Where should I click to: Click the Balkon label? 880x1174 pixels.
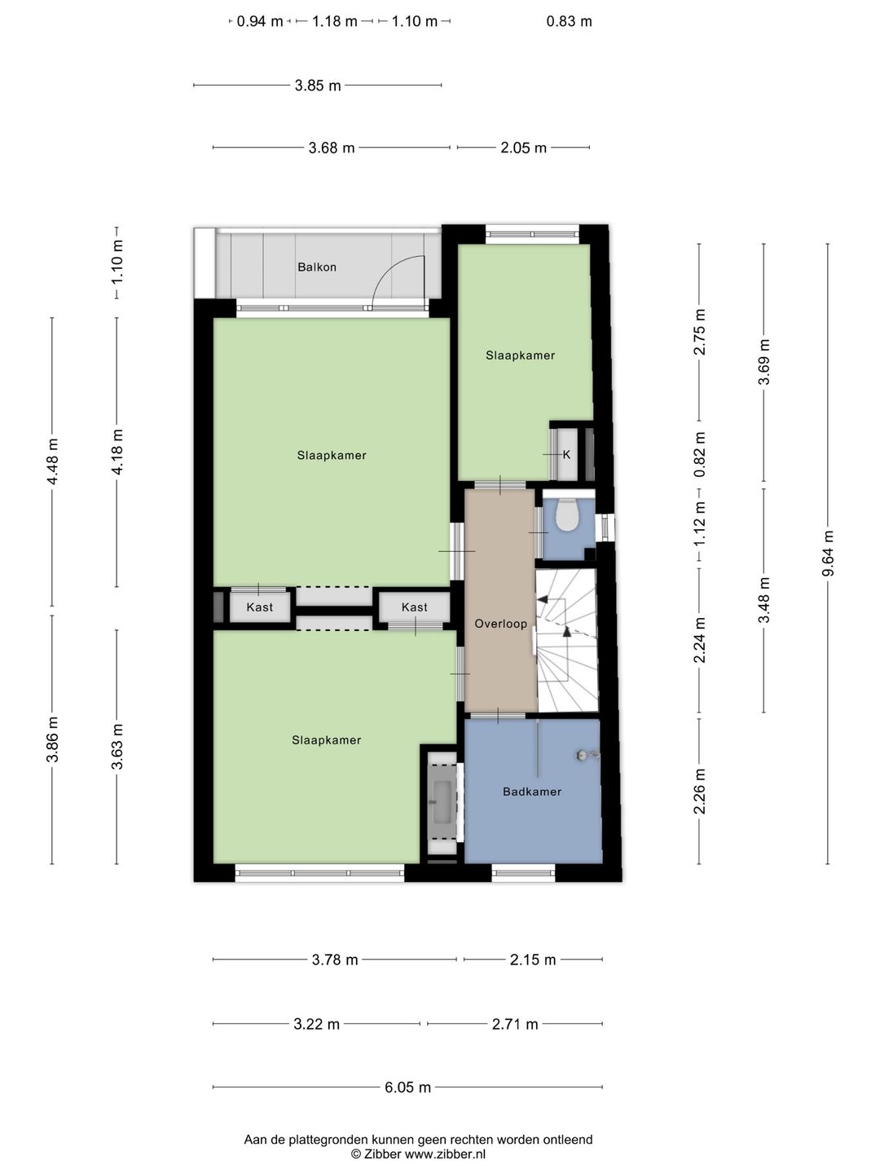click(317, 267)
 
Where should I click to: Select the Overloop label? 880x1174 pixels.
click(500, 624)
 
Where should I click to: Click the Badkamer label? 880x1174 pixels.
click(532, 792)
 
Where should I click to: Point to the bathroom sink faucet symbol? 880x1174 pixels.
click(586, 755)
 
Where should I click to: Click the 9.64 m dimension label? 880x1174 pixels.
click(828, 554)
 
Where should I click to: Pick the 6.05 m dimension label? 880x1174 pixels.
click(407, 1087)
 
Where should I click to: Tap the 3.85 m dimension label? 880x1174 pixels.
click(318, 86)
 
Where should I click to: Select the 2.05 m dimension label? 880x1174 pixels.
click(524, 148)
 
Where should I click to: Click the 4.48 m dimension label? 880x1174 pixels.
click(52, 461)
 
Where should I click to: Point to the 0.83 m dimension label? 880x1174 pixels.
click(569, 21)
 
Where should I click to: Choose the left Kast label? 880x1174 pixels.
click(260, 607)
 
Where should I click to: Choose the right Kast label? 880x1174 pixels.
click(415, 607)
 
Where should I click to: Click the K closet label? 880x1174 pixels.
click(566, 455)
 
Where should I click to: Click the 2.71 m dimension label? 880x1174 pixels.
click(515, 1024)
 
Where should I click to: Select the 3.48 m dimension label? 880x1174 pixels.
click(764, 600)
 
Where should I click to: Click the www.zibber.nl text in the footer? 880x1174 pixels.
click(445, 1154)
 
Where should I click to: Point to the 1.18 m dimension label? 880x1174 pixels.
click(334, 21)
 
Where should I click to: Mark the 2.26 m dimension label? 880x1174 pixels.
click(699, 792)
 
